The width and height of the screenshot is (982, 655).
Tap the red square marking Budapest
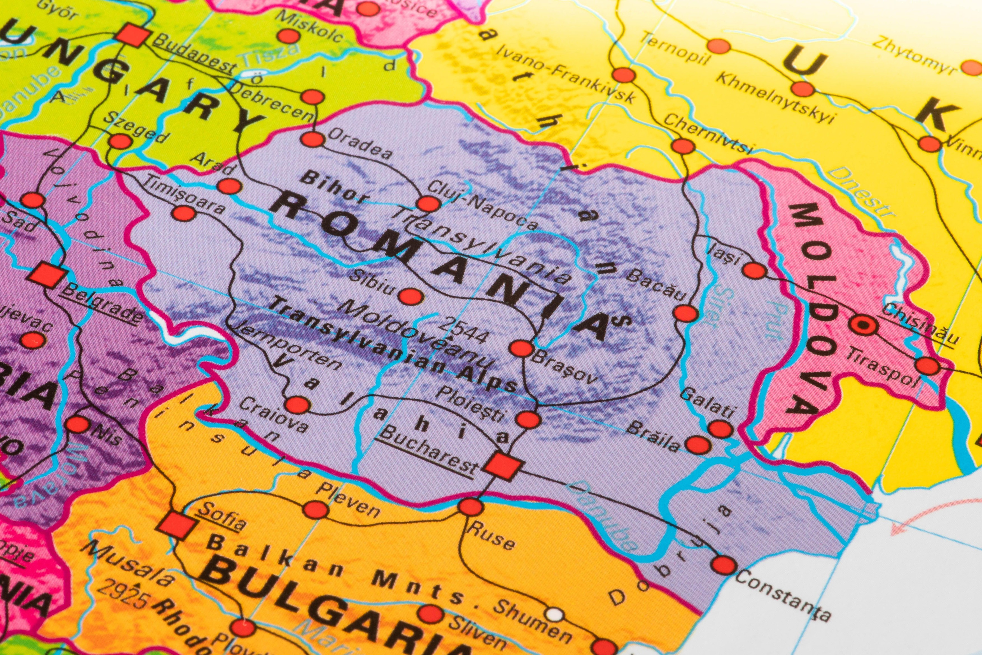tap(133, 35)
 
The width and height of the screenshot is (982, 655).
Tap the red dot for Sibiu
tap(411, 296)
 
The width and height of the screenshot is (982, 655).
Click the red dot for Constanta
tap(724, 564)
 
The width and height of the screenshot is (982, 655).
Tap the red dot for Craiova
tap(297, 404)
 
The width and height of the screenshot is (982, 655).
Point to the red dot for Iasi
tap(754, 271)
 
